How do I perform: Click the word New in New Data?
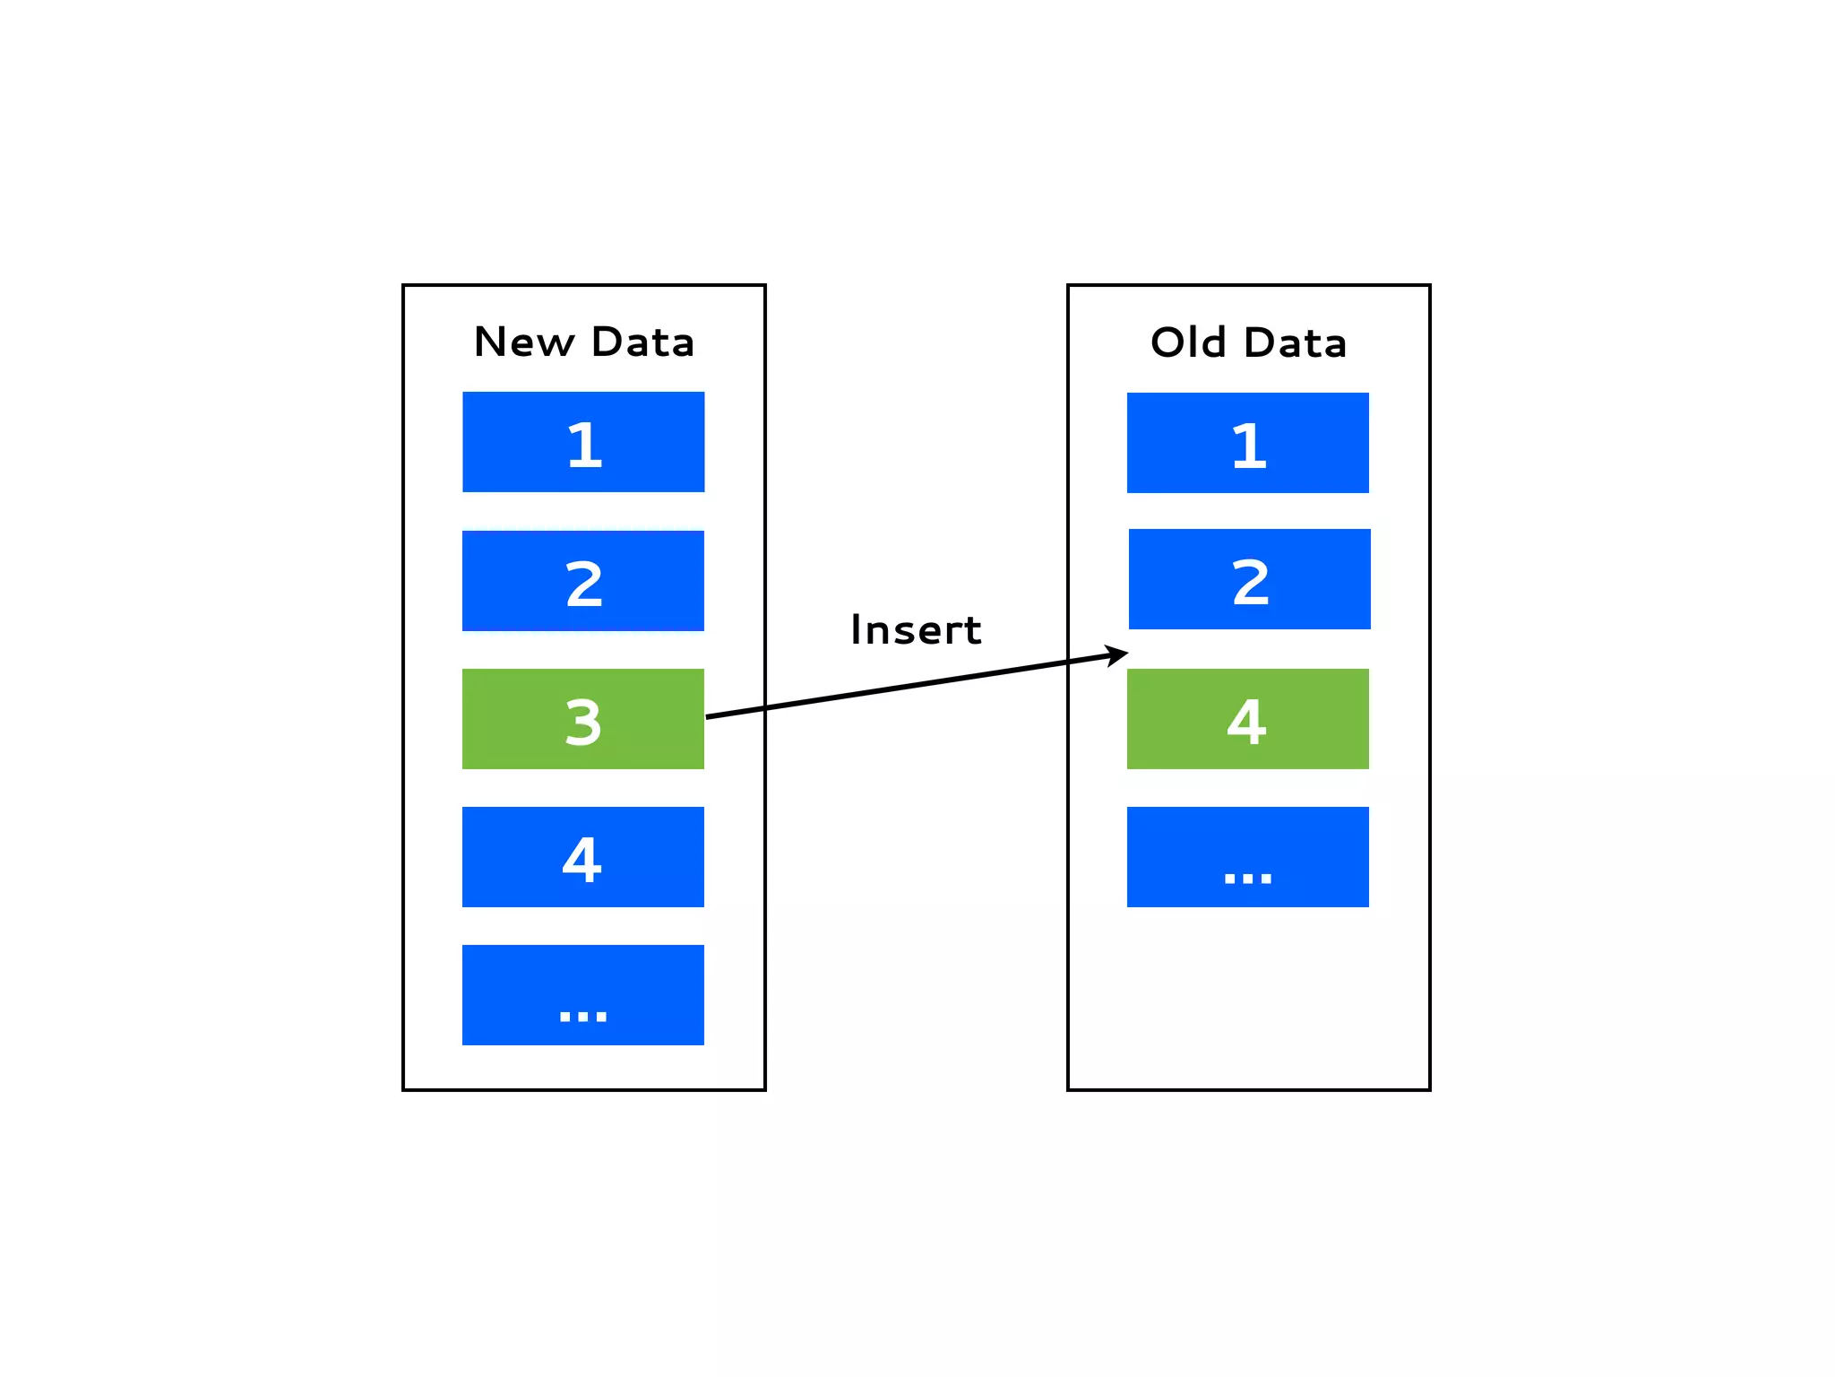click(x=524, y=342)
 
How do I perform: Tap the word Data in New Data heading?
click(x=642, y=342)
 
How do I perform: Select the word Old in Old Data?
click(x=1188, y=342)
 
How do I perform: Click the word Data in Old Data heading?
click(x=1296, y=342)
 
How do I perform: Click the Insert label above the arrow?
click(x=916, y=630)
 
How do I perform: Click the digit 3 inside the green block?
click(x=583, y=722)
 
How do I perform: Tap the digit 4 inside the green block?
click(x=1246, y=722)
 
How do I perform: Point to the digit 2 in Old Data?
click(x=1251, y=583)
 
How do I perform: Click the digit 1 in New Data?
click(x=585, y=445)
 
